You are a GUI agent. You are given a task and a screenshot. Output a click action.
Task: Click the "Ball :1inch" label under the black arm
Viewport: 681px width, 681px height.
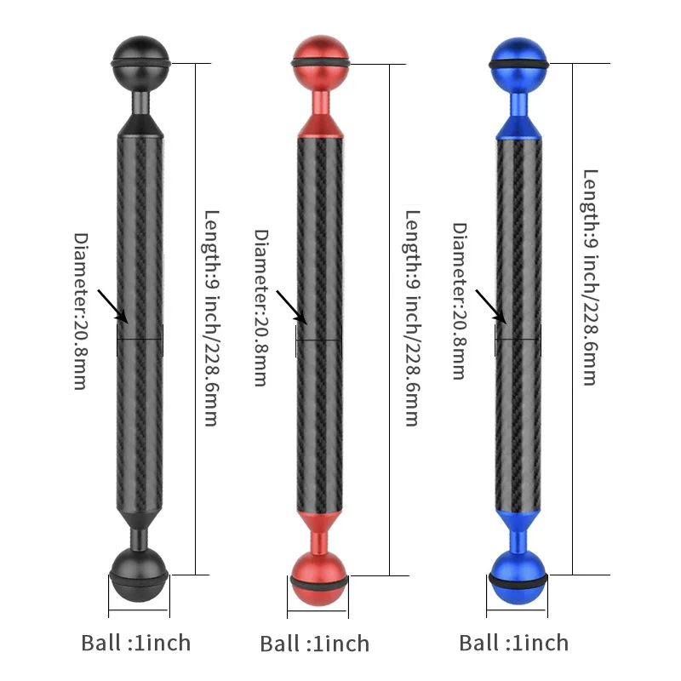tap(136, 642)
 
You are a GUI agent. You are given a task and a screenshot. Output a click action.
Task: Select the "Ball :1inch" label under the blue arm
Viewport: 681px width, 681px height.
tap(514, 642)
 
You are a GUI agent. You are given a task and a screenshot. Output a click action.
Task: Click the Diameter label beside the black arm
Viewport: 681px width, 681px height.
tap(81, 311)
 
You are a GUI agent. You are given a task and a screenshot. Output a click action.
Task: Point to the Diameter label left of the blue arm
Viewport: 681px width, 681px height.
tap(460, 301)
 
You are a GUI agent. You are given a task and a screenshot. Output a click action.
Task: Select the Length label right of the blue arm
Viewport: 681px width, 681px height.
tap(590, 278)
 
